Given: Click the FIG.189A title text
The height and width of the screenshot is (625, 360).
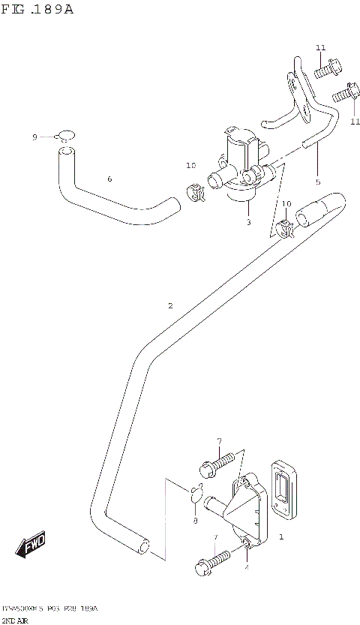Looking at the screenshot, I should point(38,10).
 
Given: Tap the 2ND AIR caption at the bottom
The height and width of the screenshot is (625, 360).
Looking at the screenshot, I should point(15,620).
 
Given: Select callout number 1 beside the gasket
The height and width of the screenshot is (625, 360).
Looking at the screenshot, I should point(280,537).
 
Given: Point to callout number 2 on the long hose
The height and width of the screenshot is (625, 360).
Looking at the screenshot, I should point(170,305).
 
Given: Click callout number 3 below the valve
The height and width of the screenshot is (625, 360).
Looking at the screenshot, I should point(248,223).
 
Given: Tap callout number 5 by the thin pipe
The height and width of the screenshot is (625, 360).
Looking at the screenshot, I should point(317,182).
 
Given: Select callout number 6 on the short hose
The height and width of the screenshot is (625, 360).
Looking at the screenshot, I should point(109,179).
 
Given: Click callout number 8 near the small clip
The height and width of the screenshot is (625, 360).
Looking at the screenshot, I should point(194,521).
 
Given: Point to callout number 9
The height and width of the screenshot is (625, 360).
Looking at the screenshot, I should point(34,137).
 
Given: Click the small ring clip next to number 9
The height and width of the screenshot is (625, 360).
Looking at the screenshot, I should point(66,136).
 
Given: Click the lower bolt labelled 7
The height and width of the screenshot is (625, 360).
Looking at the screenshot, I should point(211,561).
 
